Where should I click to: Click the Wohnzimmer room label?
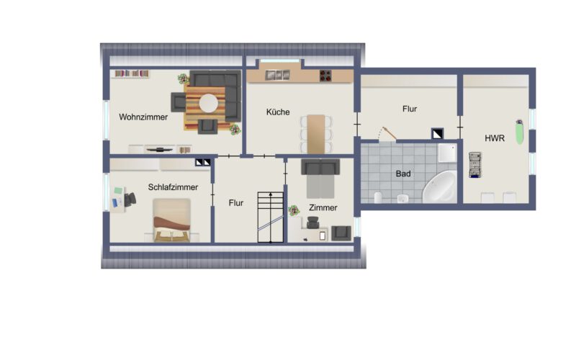click(x=143, y=117)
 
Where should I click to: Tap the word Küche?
click(x=278, y=112)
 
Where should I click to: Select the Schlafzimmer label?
click(x=173, y=187)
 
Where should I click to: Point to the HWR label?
click(x=495, y=138)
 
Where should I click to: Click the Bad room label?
click(x=403, y=174)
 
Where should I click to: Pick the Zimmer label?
click(x=323, y=208)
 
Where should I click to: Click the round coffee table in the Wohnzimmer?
click(x=208, y=103)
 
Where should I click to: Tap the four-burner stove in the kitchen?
click(x=325, y=76)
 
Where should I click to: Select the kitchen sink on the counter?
click(x=277, y=75)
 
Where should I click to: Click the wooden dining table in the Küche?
click(x=316, y=134)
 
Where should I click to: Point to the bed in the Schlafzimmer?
click(x=171, y=220)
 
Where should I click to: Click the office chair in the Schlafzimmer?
click(x=130, y=199)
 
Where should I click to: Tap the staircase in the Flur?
click(x=271, y=217)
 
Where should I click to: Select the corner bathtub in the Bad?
click(x=440, y=187)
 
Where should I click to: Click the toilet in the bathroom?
click(x=378, y=197)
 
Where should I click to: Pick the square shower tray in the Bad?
click(x=447, y=153)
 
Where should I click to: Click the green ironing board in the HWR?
click(x=519, y=132)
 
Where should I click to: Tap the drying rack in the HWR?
click(x=475, y=165)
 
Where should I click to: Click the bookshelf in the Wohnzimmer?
click(x=132, y=73)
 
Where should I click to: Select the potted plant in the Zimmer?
click(x=294, y=210)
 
